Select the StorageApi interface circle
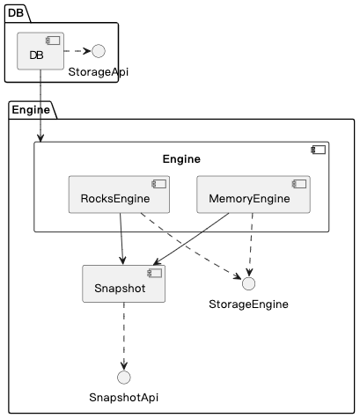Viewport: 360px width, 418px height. (86, 52)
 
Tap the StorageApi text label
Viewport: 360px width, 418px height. (98, 72)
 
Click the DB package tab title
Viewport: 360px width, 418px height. (18, 11)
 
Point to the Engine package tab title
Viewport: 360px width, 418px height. (31, 110)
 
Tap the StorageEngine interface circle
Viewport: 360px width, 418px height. (248, 283)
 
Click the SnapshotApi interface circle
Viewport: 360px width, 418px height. (123, 378)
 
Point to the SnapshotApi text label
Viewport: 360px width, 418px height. (123, 398)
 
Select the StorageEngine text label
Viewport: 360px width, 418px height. (248, 304)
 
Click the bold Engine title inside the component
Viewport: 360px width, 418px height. (181, 159)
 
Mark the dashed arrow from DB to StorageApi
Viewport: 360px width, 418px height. (70, 52)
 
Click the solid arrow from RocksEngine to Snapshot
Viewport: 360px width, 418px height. (121, 238)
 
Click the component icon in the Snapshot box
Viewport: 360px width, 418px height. (155, 274)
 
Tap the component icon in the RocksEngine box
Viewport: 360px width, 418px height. (159, 185)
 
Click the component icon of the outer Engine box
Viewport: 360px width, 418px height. (319, 150)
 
